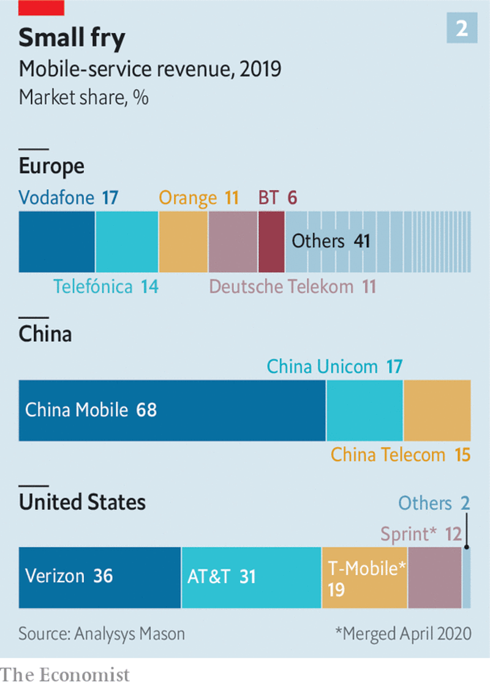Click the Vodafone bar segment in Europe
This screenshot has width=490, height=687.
(56, 242)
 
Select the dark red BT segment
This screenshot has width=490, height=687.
(271, 242)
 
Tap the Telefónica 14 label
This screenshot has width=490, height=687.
(105, 287)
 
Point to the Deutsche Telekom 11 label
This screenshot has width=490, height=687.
(292, 287)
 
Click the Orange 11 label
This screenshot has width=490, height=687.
(198, 198)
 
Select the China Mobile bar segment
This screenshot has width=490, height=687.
(172, 410)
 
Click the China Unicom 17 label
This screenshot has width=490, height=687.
(334, 367)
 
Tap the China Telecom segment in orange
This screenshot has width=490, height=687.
(437, 410)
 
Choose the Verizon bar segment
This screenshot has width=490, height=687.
(100, 577)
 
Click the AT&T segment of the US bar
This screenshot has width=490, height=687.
(251, 577)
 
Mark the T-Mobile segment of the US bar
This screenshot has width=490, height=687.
(364, 577)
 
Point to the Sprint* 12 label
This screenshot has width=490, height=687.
(421, 534)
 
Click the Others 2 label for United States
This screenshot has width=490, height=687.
(434, 503)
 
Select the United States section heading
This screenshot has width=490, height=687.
(82, 503)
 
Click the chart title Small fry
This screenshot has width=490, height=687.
(72, 39)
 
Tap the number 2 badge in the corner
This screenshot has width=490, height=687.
(461, 29)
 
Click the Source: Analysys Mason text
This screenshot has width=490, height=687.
(102, 634)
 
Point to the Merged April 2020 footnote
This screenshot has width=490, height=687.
(403, 634)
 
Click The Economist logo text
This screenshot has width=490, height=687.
(66, 675)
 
